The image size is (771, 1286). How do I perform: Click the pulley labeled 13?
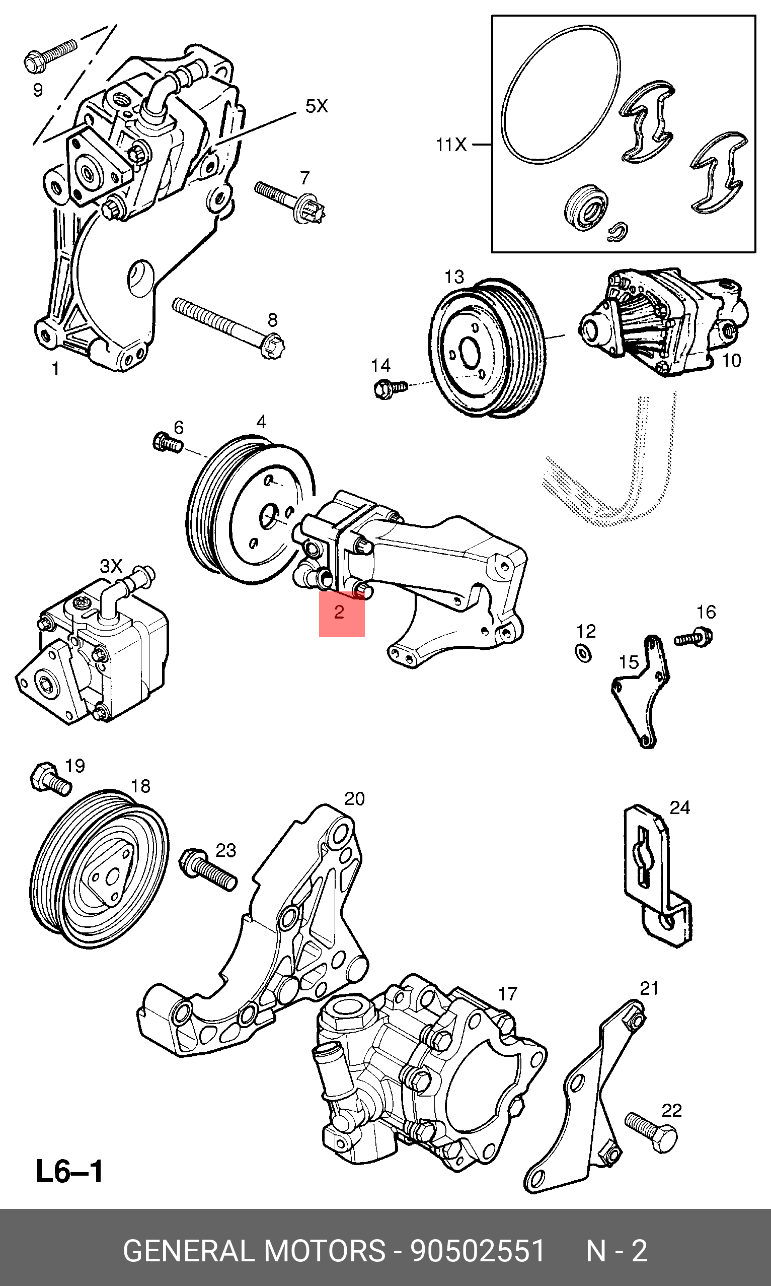(487, 348)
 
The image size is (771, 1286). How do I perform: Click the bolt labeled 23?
(207, 870)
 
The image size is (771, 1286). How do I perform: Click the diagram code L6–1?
(69, 1172)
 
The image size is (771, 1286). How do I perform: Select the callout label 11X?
(451, 145)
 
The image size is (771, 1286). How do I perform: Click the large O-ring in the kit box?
(561, 95)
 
